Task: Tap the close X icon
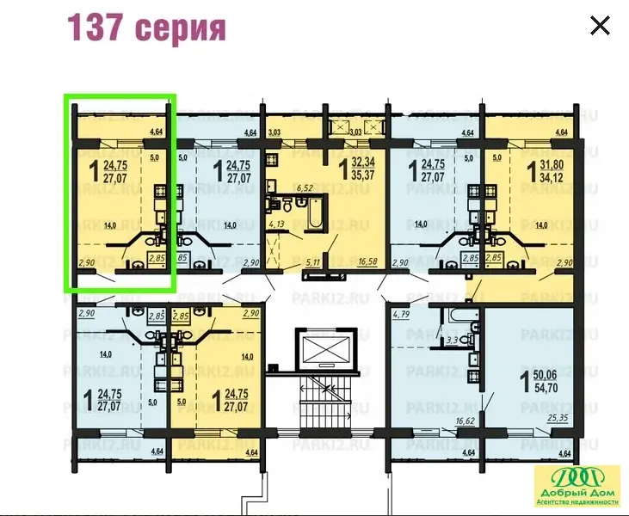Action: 600,26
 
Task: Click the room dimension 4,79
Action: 402,315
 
